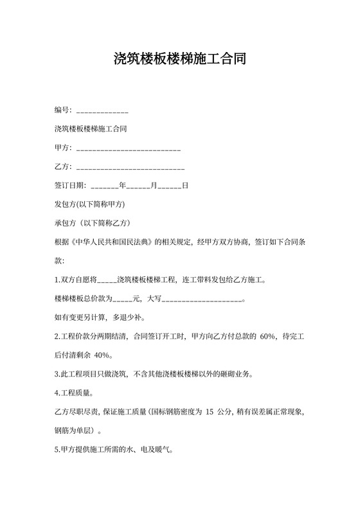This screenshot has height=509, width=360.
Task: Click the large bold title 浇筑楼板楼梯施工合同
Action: click(179, 60)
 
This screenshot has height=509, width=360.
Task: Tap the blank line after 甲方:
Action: click(128, 148)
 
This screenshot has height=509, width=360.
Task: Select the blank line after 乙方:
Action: click(130, 167)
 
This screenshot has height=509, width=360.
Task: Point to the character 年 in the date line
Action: click(122, 186)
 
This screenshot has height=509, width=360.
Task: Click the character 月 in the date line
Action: click(154, 186)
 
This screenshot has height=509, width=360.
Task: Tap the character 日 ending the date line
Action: click(185, 186)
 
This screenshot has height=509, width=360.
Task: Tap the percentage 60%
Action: click(267, 335)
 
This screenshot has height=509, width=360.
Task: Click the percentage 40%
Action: click(102, 355)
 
